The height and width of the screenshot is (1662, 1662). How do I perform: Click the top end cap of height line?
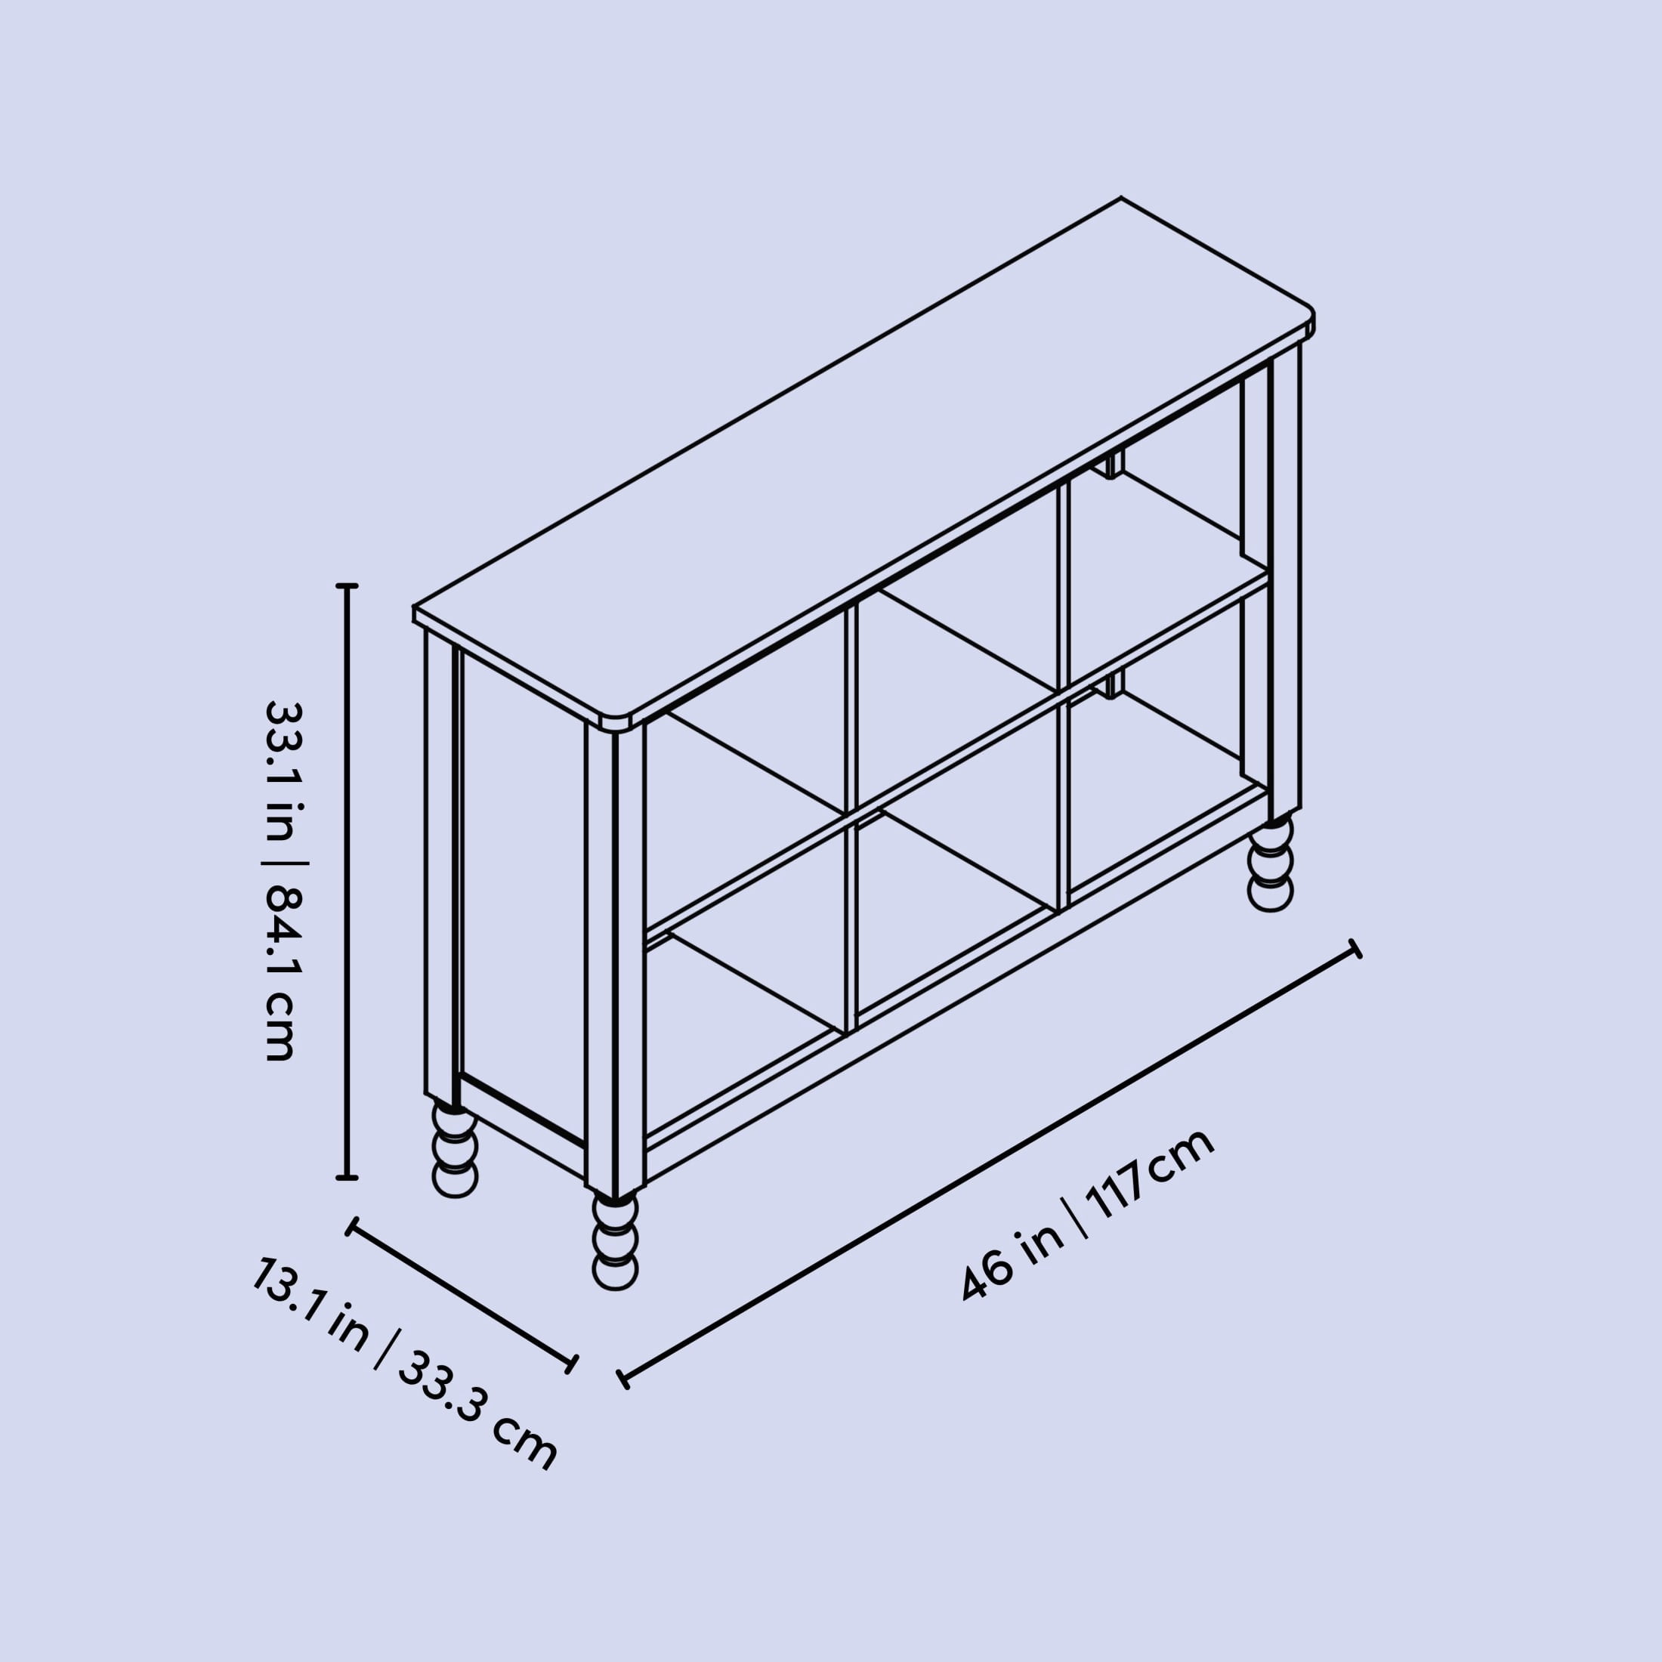347,585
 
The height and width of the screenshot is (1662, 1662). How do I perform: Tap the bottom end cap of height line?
347,1178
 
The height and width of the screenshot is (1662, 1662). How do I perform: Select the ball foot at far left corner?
454,1151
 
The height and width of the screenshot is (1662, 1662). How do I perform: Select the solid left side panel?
524,894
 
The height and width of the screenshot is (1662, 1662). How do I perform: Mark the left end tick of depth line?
351,1227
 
